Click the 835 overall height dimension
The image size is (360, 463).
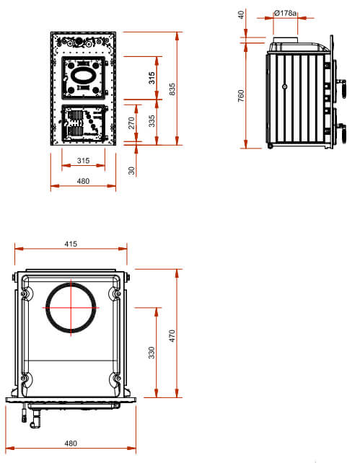point(172,89)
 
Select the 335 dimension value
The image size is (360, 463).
point(152,121)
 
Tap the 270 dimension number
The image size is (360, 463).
point(131,123)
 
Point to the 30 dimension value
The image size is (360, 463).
point(131,170)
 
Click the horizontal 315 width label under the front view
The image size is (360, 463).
point(83,161)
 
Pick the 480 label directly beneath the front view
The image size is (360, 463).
point(83,181)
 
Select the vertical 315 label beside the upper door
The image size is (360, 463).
point(152,78)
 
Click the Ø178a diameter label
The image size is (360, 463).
point(285,13)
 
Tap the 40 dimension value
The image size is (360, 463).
point(241,14)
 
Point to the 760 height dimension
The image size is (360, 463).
point(241,96)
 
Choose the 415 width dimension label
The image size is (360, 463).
point(71,244)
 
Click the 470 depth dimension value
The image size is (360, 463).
point(172,336)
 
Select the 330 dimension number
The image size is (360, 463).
point(152,353)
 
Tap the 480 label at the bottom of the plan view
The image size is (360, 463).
point(71,444)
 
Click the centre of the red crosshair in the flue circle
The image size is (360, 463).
point(71,308)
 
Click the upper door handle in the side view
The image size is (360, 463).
point(343,88)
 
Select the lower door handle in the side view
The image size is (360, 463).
point(343,133)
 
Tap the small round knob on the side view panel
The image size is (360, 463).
point(285,87)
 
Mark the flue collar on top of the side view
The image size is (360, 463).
point(285,40)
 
